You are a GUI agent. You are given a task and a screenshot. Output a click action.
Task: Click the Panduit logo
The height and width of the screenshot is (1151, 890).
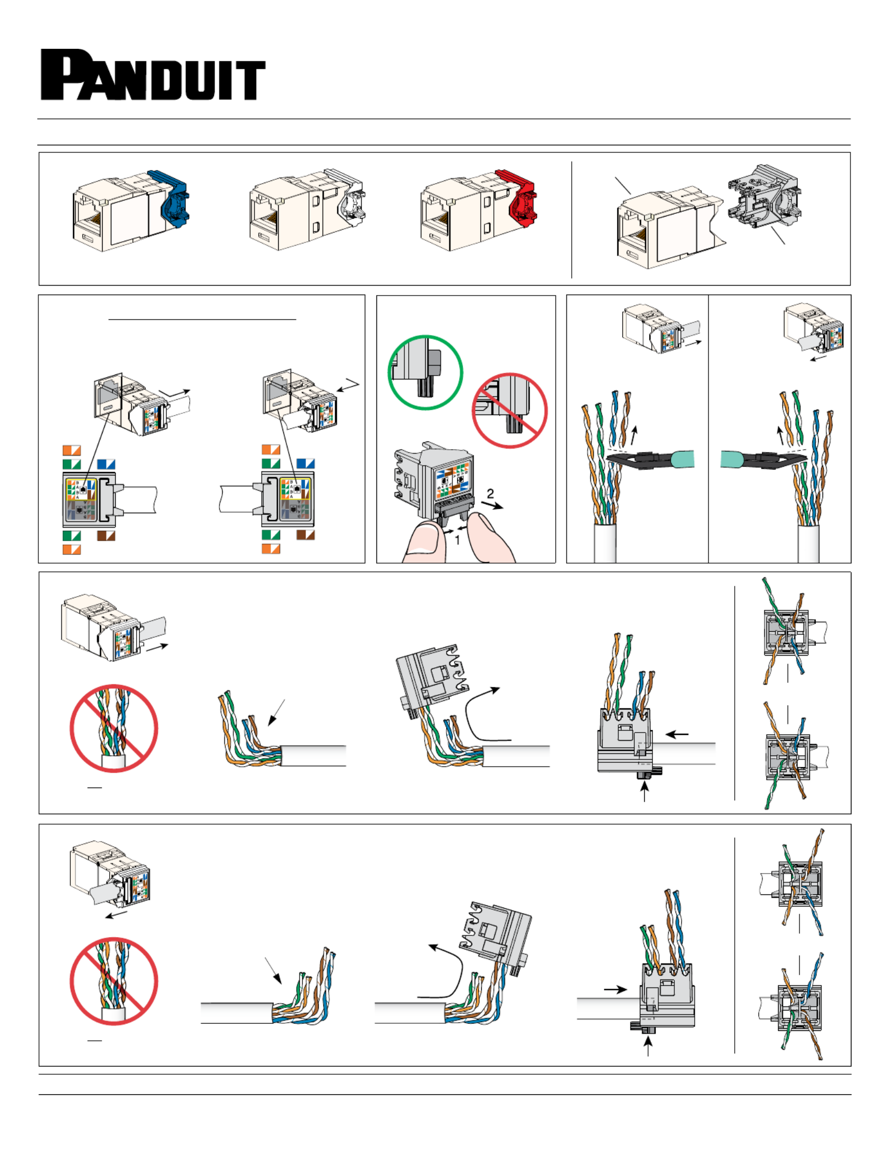(x=153, y=75)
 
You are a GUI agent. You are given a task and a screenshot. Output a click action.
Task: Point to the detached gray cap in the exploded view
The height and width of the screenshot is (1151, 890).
(x=764, y=198)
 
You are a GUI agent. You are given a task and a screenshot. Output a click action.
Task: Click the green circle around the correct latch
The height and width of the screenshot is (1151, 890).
(x=425, y=372)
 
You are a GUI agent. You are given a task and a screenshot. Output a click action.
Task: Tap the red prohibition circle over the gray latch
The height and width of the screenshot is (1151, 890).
(x=509, y=411)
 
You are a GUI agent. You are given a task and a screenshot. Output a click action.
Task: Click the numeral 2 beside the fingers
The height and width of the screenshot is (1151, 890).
(x=490, y=494)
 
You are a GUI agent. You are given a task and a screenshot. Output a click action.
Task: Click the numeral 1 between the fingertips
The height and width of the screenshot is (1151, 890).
(x=457, y=541)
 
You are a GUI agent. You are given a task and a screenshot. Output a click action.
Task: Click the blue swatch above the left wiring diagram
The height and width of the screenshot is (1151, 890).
(x=106, y=464)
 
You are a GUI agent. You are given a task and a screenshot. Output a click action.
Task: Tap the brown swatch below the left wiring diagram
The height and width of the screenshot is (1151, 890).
(x=106, y=536)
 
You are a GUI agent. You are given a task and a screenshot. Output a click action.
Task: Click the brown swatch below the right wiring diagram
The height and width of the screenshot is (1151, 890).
(x=305, y=535)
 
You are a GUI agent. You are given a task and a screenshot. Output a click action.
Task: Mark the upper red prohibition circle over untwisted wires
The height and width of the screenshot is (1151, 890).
(x=114, y=728)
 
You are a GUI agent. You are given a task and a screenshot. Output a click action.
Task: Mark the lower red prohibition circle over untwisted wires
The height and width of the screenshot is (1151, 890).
(x=114, y=982)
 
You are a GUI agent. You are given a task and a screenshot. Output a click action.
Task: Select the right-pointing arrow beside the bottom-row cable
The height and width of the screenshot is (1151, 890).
(x=615, y=990)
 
